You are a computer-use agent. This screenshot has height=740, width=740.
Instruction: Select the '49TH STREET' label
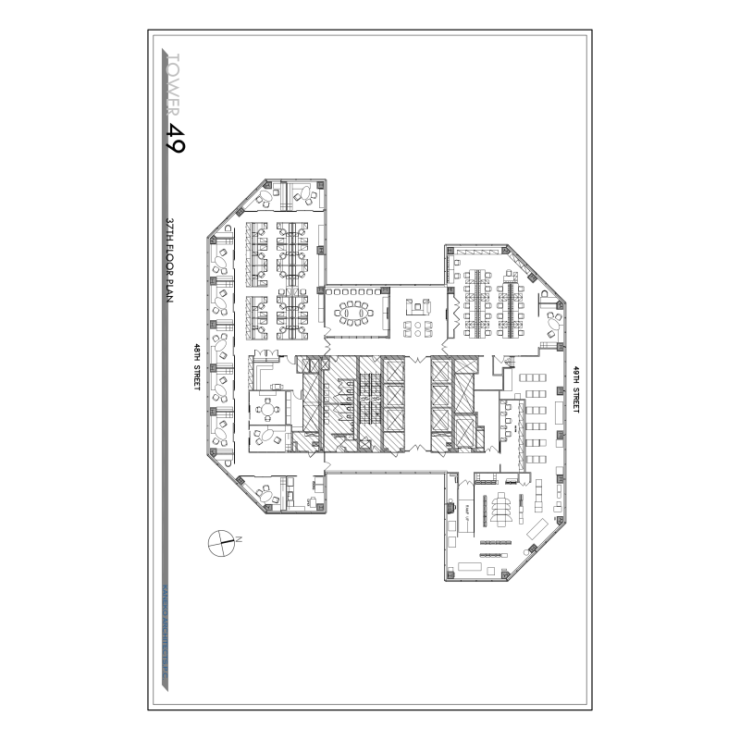click(x=574, y=389)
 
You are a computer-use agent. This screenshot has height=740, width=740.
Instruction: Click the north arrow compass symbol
click(x=220, y=543)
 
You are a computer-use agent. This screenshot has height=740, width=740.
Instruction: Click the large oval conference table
click(x=352, y=313)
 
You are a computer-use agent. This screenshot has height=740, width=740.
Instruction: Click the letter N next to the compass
click(x=238, y=538)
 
